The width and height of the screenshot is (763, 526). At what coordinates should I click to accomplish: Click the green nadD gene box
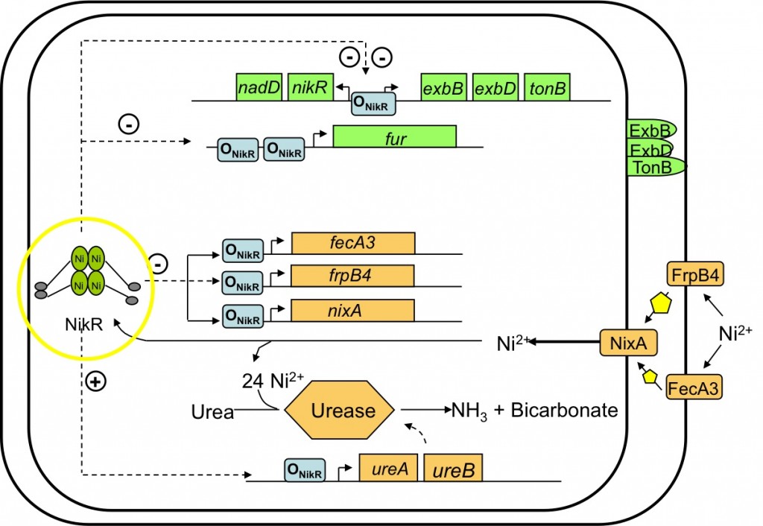coord(259,88)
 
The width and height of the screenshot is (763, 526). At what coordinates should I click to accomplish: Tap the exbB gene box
coord(443,88)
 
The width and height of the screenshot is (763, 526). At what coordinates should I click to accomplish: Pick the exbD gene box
coord(496,88)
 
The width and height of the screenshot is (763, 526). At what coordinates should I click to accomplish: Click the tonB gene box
coord(548,88)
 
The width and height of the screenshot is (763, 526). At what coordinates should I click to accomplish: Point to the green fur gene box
coord(394,136)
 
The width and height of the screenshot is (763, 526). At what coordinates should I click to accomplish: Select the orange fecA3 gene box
coord(353,244)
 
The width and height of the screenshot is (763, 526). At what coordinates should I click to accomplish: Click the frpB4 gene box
coord(353,276)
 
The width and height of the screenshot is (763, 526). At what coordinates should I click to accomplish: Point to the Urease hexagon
coord(341,410)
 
